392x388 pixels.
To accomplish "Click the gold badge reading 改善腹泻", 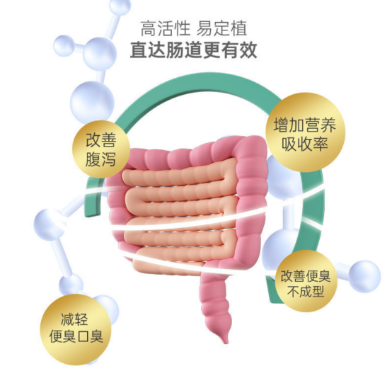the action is [x=101, y=149].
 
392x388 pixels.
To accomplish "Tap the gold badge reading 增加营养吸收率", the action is [x=305, y=132].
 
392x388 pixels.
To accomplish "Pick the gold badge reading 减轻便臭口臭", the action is [x=76, y=329].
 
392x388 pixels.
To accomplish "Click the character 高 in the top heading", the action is [x=149, y=28].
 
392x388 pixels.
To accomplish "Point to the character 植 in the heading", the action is [x=238, y=28].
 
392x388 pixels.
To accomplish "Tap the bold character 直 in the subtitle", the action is [x=139, y=50].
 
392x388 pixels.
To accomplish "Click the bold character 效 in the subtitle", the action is [x=248, y=50].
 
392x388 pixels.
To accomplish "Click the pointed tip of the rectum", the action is [x=226, y=343].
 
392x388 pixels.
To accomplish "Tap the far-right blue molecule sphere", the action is [x=364, y=276].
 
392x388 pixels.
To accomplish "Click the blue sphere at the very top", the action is [x=120, y=7].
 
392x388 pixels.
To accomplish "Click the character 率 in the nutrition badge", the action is [x=321, y=144].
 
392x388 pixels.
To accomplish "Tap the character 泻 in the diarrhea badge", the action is [x=109, y=159].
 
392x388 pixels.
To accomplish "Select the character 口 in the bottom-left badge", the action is [x=83, y=337].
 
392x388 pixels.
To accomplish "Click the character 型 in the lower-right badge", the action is [x=318, y=292].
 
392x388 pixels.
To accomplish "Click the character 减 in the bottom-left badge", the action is [x=67, y=320].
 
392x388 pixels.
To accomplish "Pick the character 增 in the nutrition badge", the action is [x=281, y=125].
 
